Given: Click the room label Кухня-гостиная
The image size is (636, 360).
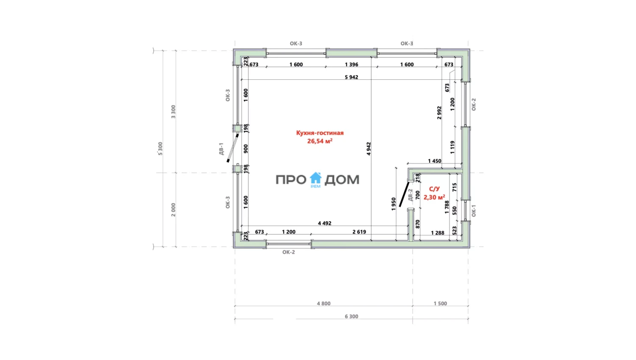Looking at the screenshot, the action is (320, 133).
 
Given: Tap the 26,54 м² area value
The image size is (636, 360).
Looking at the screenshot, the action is (320, 141).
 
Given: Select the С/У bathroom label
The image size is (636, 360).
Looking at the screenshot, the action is (434, 189).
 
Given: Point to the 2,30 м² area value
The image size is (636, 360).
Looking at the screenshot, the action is (434, 197).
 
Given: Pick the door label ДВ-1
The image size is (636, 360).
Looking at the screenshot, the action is (221, 149).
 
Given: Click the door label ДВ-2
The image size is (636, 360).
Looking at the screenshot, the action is (410, 195).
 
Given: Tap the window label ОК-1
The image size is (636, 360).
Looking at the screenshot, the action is (473, 211).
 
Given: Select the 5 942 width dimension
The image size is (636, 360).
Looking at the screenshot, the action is (351, 77).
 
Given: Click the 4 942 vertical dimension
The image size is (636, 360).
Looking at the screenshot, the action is (368, 149).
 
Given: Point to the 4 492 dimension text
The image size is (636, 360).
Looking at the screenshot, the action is (324, 223).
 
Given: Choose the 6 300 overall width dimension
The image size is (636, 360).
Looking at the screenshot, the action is (351, 316).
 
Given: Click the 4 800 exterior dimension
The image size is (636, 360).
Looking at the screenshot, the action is (324, 304).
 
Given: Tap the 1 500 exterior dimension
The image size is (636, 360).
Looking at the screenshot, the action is (440, 304).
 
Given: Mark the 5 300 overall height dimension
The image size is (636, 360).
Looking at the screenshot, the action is (160, 148).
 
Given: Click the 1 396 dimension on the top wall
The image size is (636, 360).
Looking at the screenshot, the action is (351, 65).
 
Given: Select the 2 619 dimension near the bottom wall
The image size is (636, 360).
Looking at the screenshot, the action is (359, 232).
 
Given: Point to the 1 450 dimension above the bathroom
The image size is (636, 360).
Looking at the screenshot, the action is (435, 161).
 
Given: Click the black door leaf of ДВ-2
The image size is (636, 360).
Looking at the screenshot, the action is (404, 194).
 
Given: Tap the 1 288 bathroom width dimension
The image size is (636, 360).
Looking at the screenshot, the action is (438, 233).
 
